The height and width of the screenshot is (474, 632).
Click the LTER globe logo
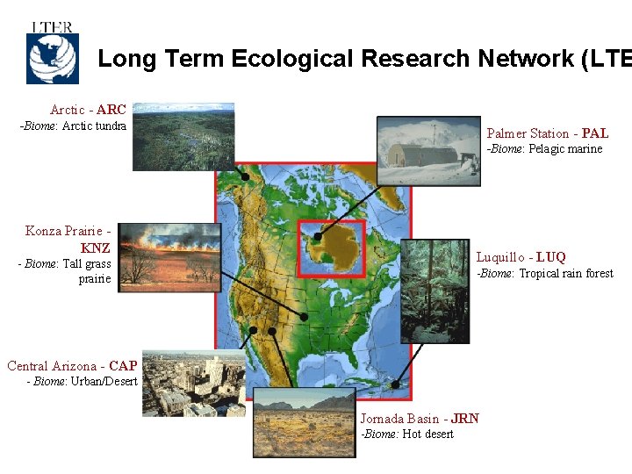click(52, 54)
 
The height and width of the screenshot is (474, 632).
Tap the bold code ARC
click(111, 110)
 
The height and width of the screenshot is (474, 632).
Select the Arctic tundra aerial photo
click(183, 136)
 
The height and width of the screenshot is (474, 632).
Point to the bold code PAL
click(594, 133)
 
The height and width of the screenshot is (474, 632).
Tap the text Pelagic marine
click(565, 149)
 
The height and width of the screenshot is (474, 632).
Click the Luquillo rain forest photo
click(434, 291)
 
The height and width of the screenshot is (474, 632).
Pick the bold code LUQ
click(550, 257)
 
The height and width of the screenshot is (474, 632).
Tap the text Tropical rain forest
click(566, 274)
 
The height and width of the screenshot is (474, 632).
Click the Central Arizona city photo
click(194, 384)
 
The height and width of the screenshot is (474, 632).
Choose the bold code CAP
click(123, 365)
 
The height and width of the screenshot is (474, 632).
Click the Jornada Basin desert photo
click(305, 423)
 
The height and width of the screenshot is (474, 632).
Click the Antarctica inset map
click(331, 243)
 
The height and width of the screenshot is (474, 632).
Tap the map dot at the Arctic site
click(246, 176)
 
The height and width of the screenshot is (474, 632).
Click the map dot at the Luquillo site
click(396, 384)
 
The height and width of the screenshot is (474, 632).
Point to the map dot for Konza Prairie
click(304, 316)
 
